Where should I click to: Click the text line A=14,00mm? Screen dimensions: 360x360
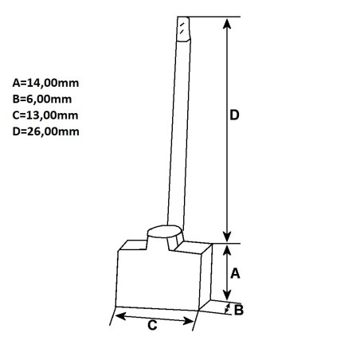point(45,83)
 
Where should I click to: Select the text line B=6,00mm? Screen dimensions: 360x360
point(42,100)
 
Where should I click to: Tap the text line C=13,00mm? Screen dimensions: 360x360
point(45,115)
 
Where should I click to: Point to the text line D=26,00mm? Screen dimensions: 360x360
point(45,131)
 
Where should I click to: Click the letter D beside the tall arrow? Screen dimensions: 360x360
point(234,115)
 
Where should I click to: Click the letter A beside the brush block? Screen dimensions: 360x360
point(235,273)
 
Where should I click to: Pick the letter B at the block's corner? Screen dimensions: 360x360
point(239,310)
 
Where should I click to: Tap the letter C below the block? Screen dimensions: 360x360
point(152,325)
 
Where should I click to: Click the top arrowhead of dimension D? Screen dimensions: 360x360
point(227,23)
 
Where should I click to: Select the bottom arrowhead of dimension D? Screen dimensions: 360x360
point(227,237)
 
